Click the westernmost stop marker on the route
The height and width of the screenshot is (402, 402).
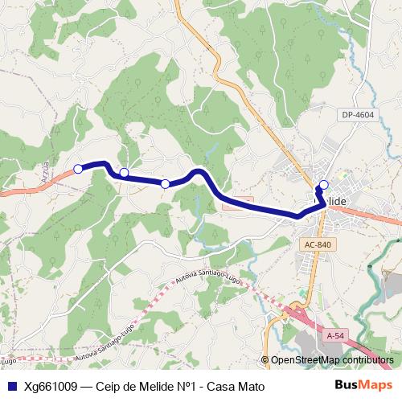click(x=78, y=169)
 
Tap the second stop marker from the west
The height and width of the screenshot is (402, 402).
click(x=125, y=172)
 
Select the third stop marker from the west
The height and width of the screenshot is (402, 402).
click(x=165, y=184)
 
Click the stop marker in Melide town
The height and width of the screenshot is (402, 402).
click(x=324, y=185)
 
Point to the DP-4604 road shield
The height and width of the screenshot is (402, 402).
click(x=357, y=116)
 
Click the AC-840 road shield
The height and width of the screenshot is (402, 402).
click(x=319, y=244)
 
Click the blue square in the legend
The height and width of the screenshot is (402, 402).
click(x=10, y=387)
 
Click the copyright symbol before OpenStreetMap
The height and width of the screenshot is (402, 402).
click(x=265, y=360)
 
